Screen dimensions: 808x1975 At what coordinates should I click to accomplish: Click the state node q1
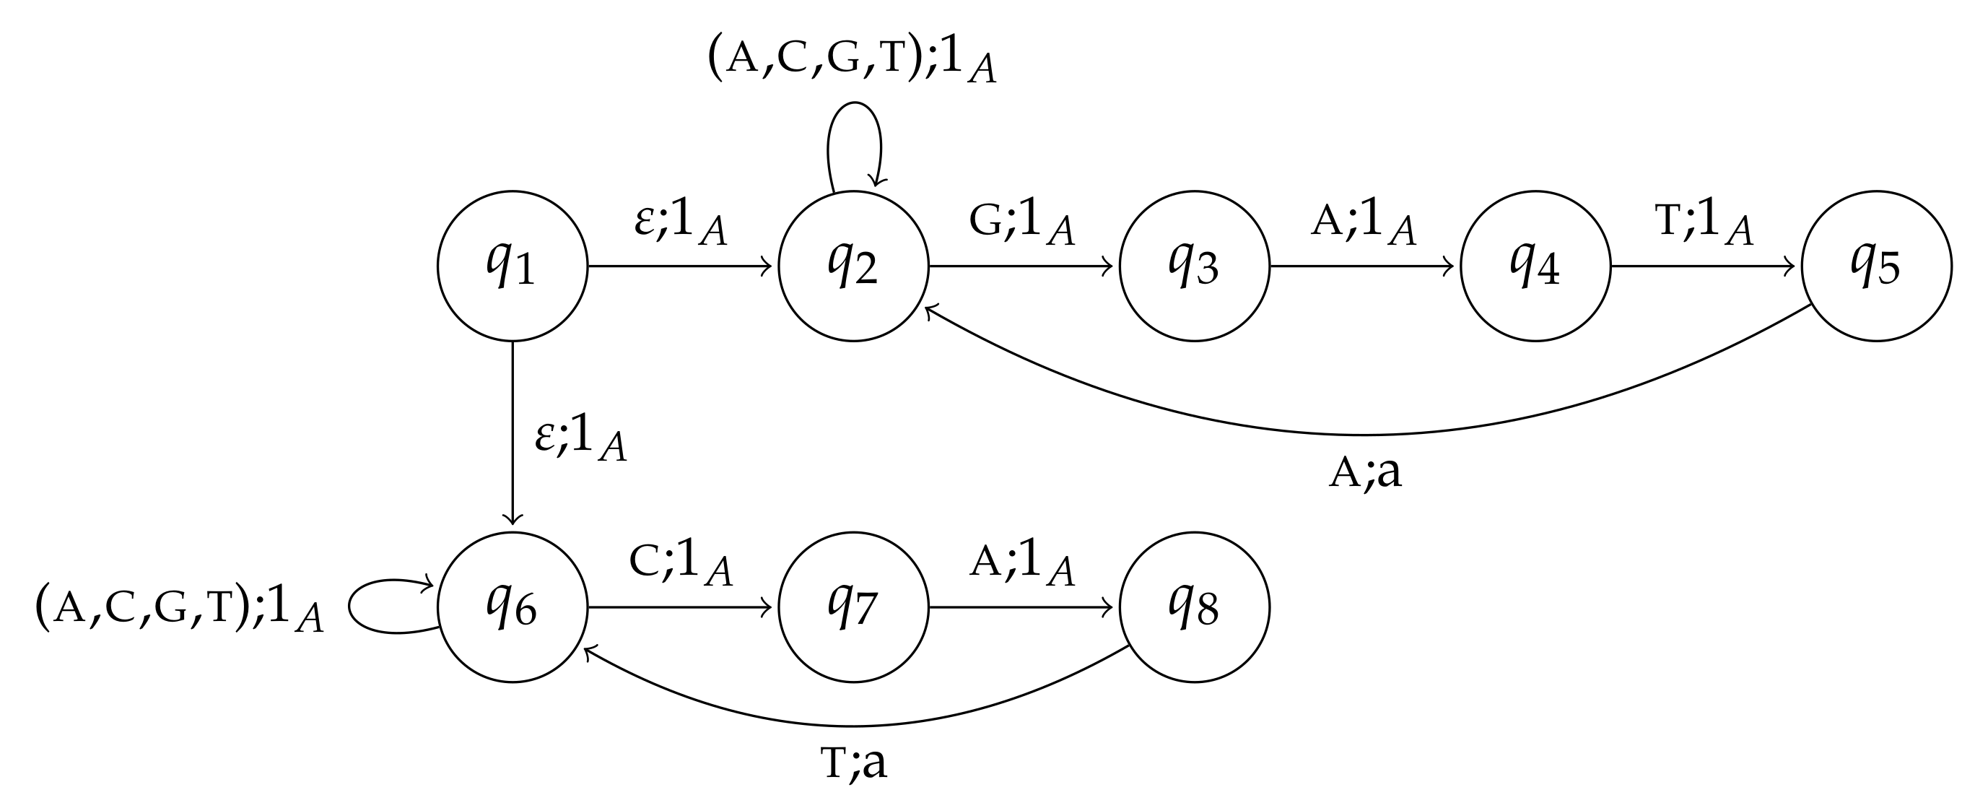click(512, 266)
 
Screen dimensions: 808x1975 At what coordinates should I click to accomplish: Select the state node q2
click(853, 266)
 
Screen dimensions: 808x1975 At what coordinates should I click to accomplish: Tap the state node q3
click(1195, 266)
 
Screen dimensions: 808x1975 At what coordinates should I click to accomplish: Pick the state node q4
click(1535, 266)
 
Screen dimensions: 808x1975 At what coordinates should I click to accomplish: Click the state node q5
click(1876, 266)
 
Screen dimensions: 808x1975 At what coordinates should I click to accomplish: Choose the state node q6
click(512, 607)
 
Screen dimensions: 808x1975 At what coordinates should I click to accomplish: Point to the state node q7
click(853, 607)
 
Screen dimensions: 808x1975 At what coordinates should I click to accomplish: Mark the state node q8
click(1195, 607)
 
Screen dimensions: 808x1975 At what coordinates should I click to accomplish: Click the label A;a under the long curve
click(1365, 473)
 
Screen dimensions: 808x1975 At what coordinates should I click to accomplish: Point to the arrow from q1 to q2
click(681, 266)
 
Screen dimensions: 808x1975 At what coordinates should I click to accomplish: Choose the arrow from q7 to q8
click(1022, 608)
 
